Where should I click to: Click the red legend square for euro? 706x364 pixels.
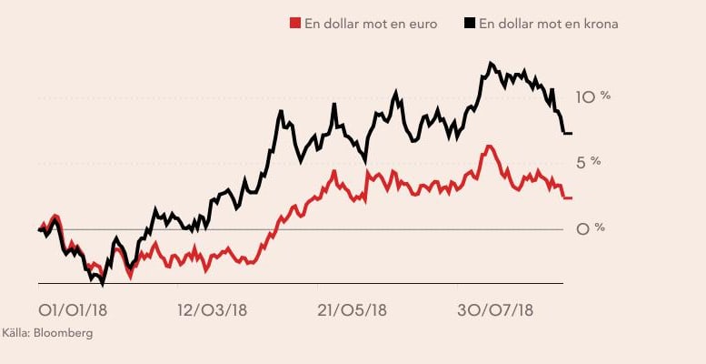pyautogui.click(x=294, y=24)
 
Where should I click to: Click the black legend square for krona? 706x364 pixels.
pyautogui.click(x=469, y=24)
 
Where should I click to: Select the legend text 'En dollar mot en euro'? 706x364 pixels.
pyautogui.click(x=370, y=24)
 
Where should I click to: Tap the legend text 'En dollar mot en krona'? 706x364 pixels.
pyautogui.click(x=548, y=24)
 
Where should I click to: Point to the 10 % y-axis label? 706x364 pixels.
pyautogui.click(x=594, y=96)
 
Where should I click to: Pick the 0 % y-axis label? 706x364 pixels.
pyautogui.click(x=591, y=228)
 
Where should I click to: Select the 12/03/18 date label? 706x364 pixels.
pyautogui.click(x=213, y=310)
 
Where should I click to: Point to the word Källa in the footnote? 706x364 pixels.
pyautogui.click(x=15, y=333)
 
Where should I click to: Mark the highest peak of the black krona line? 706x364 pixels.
pyautogui.click(x=491, y=63)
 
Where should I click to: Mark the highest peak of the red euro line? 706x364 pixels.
pyautogui.click(x=489, y=146)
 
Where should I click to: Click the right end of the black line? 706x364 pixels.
pyautogui.click(x=571, y=134)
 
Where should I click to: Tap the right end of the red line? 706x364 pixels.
pyautogui.click(x=571, y=197)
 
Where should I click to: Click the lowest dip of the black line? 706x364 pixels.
pyautogui.click(x=103, y=284)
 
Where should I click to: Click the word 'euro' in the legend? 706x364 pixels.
pyautogui.click(x=423, y=24)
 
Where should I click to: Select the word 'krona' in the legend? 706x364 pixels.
pyautogui.click(x=599, y=24)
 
